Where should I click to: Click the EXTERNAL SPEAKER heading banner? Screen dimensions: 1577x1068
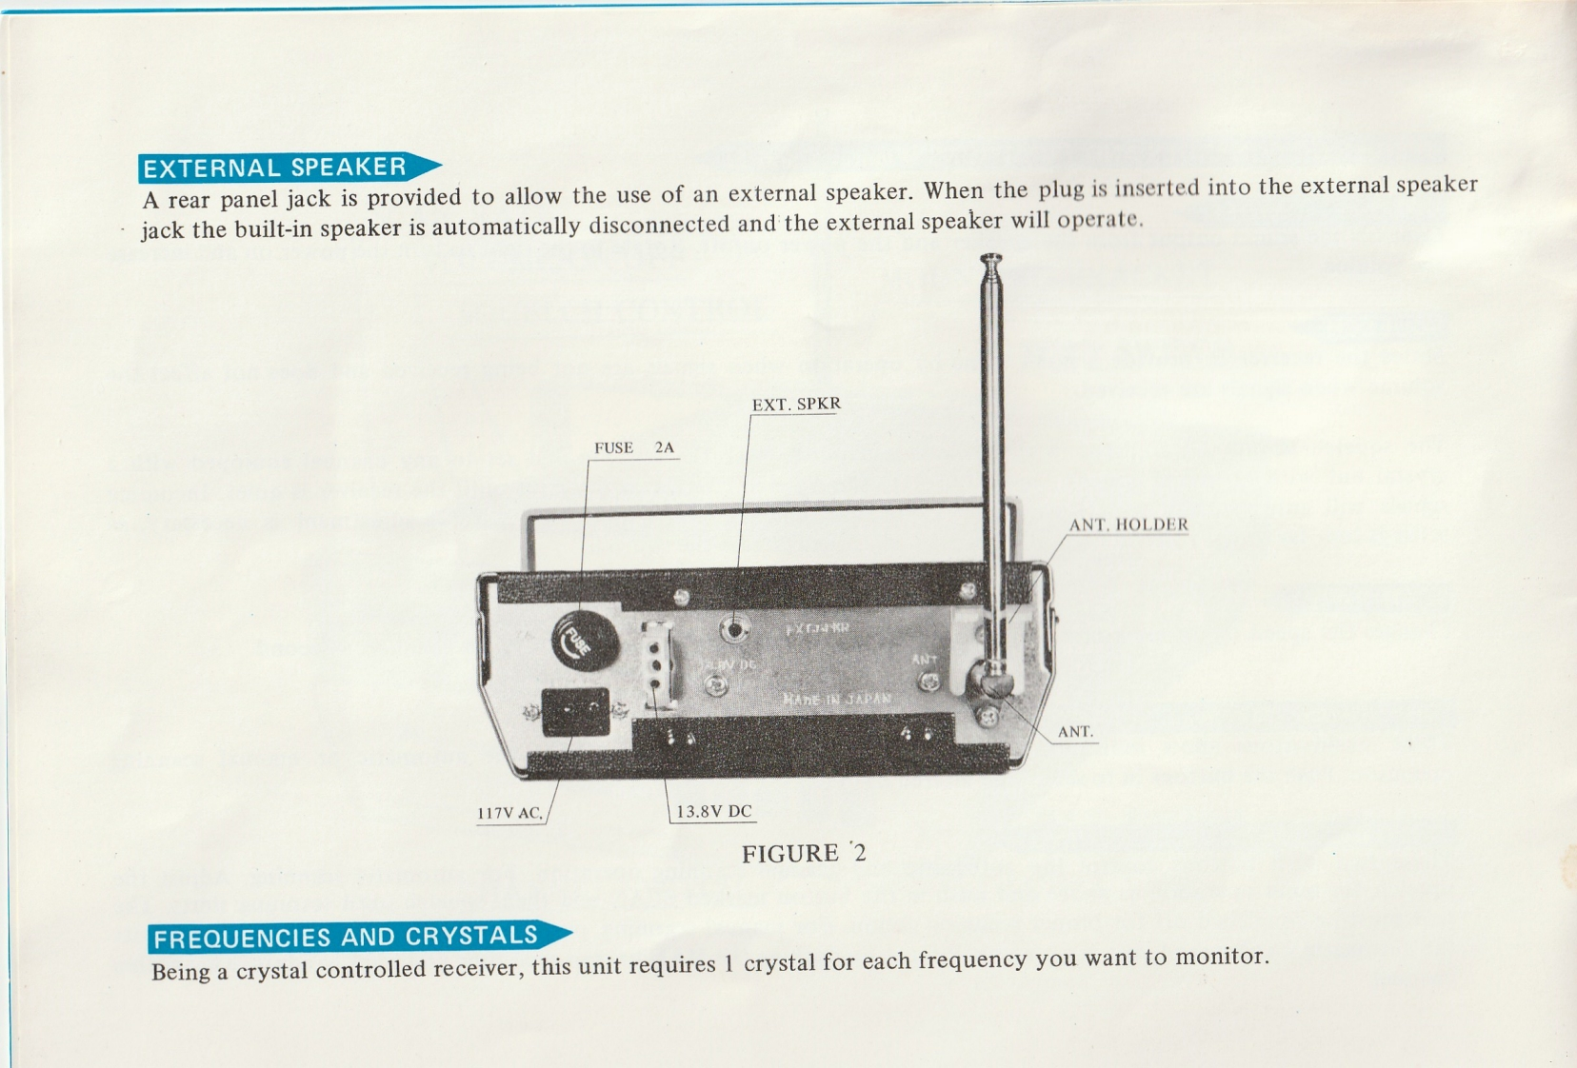point(276,168)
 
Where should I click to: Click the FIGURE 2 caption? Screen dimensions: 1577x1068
point(804,853)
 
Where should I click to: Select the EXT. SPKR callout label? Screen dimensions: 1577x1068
point(796,405)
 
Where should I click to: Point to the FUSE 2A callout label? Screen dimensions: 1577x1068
point(633,447)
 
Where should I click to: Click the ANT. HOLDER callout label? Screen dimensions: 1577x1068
point(1128,524)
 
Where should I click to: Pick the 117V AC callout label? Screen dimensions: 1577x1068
point(510,813)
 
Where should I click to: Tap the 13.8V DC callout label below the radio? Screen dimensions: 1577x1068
point(714,812)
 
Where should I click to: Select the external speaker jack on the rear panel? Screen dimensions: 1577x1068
point(735,628)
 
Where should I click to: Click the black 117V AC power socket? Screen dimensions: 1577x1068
point(575,711)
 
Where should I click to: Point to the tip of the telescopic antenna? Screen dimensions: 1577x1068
point(991,258)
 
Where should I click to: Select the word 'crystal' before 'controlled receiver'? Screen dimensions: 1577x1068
point(273,971)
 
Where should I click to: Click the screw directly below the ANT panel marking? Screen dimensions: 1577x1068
point(929,682)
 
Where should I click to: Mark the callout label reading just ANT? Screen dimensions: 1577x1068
point(1075,732)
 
